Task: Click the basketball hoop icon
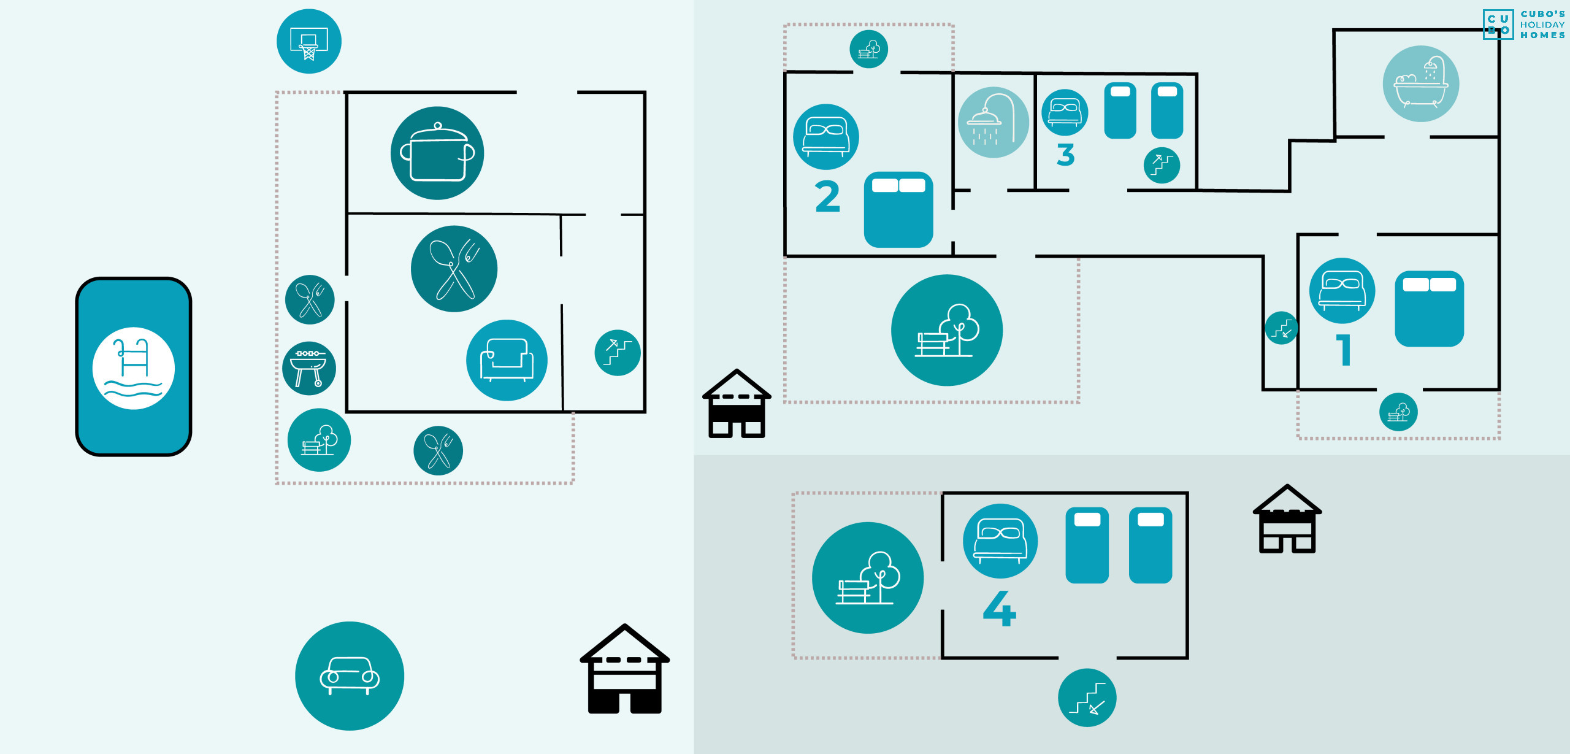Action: coord(308,42)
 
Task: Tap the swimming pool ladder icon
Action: coord(134,367)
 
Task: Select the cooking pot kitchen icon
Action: coord(437,153)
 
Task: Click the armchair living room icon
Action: coord(507,360)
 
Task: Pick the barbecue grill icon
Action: coord(309,368)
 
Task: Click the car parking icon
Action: coord(350,675)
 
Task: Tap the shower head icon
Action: coord(994,123)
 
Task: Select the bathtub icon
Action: coord(1420,84)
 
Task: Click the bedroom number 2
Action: coord(827,197)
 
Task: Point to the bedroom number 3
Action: coord(1066,155)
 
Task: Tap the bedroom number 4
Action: coord(1000,609)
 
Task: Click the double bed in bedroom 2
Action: coord(898,210)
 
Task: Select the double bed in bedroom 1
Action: coord(1429,309)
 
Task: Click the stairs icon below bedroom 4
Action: coord(1087,698)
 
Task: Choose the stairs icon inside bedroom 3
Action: coord(1162,166)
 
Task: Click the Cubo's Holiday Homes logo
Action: coord(1524,25)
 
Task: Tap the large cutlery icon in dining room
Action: coord(454,269)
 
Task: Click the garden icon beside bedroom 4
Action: coord(868,577)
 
